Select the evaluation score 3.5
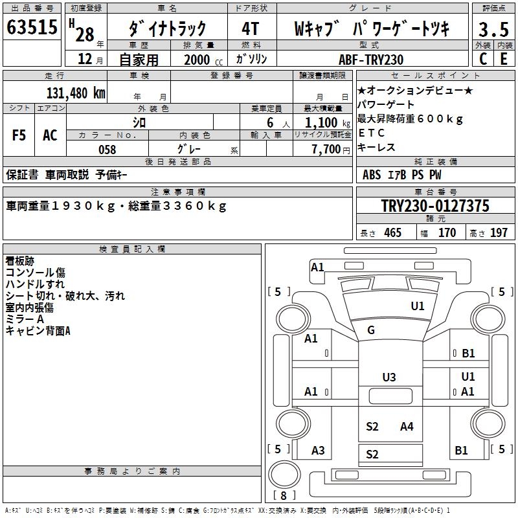(493, 28)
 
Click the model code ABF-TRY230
(372, 60)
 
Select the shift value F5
(19, 135)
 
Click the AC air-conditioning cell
(50, 135)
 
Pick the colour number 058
(107, 150)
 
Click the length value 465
(392, 232)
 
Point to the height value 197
(499, 232)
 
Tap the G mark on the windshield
(371, 330)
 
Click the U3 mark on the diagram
(388, 377)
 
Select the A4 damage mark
(407, 426)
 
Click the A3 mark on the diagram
(318, 451)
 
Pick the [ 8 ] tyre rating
(284, 495)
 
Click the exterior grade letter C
(482, 59)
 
